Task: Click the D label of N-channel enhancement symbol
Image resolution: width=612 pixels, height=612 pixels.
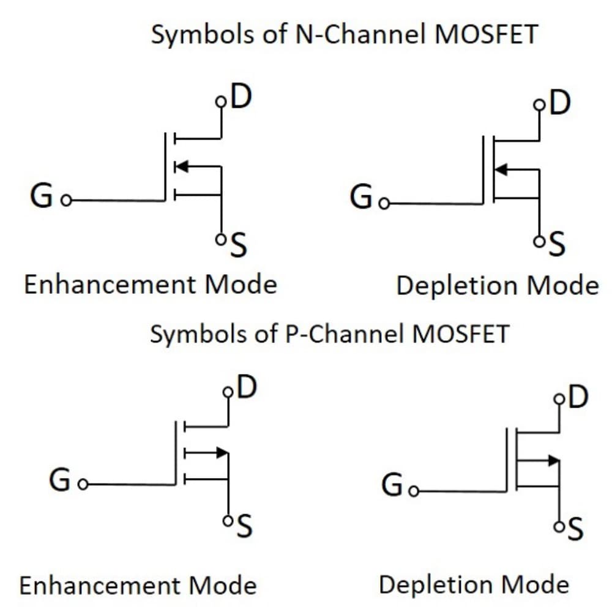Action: pos(241,98)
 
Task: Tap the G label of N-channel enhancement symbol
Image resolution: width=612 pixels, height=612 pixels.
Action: pos(41,197)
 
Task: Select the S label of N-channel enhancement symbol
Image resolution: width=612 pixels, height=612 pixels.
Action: pos(239,247)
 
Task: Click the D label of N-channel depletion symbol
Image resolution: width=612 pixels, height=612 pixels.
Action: pos(559,103)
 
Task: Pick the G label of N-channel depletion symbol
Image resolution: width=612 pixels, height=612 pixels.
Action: pos(361,198)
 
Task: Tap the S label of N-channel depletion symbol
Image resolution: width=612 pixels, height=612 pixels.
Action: pos(557,245)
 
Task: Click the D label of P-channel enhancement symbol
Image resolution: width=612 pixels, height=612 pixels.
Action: pos(245,387)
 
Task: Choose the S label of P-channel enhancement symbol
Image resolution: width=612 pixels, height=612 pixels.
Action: pos(244,527)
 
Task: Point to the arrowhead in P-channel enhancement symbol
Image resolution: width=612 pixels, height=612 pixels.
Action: pos(222,453)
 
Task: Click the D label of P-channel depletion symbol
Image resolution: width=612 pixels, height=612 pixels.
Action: pos(578,397)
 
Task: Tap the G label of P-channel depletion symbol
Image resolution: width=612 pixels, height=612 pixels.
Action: pos(392,487)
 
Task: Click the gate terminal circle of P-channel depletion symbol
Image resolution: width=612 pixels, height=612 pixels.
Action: pos(414,491)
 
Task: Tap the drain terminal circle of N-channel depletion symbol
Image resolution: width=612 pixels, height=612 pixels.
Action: pos(539,105)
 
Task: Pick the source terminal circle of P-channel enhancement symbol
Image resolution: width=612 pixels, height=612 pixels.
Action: pos(228,521)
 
